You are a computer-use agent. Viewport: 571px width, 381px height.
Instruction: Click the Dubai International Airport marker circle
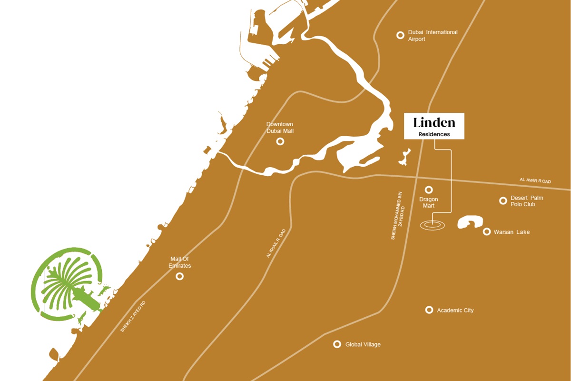pos(400,35)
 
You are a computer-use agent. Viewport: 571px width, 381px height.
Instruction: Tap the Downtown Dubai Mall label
pos(280,128)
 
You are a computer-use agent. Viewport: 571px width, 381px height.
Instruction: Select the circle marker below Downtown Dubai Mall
pos(280,141)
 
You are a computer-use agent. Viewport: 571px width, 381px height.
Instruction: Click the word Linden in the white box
pos(434,123)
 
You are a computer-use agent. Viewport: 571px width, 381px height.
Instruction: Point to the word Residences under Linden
pos(434,134)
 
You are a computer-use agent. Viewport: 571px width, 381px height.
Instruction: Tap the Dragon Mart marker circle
pos(429,190)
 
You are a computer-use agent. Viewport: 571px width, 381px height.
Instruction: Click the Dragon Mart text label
pos(428,203)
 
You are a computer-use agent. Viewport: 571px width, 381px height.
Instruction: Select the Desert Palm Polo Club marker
pos(503,201)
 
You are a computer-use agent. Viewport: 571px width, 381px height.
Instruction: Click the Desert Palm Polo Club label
pos(527,201)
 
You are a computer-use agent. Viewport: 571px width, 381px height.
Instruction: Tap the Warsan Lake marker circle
pos(487,232)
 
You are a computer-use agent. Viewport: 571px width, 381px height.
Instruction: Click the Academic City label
pos(455,311)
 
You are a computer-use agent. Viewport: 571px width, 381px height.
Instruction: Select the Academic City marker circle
pos(429,310)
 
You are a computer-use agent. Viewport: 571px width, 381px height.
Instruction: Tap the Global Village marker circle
pos(337,344)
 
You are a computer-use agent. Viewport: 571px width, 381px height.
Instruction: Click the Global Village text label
pos(363,345)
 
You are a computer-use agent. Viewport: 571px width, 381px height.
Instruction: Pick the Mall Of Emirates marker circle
pos(180,276)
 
